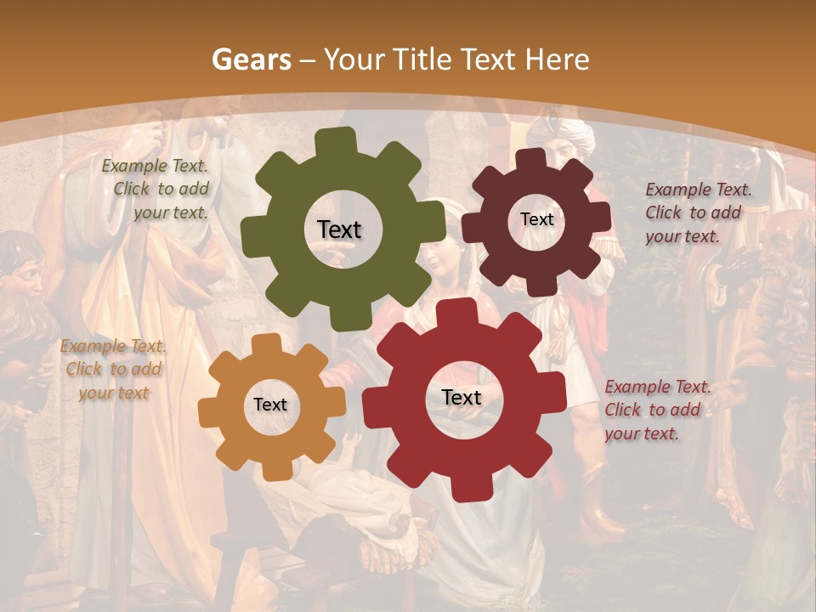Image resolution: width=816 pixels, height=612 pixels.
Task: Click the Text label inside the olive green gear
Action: pos(339,229)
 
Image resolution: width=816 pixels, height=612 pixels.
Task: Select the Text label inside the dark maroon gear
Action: pos(536,219)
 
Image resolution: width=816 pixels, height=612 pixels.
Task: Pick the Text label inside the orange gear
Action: pos(270,405)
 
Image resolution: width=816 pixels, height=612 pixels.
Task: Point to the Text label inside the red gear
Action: pos(462,398)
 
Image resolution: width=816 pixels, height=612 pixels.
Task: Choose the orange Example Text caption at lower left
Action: pos(113,369)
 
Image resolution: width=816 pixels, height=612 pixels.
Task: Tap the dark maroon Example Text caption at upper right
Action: pos(697,212)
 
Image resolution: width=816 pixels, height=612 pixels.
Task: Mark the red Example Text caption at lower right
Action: pos(656,410)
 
